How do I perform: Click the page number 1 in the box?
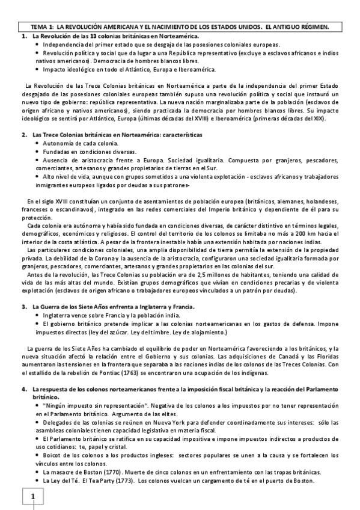(x=34, y=497)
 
